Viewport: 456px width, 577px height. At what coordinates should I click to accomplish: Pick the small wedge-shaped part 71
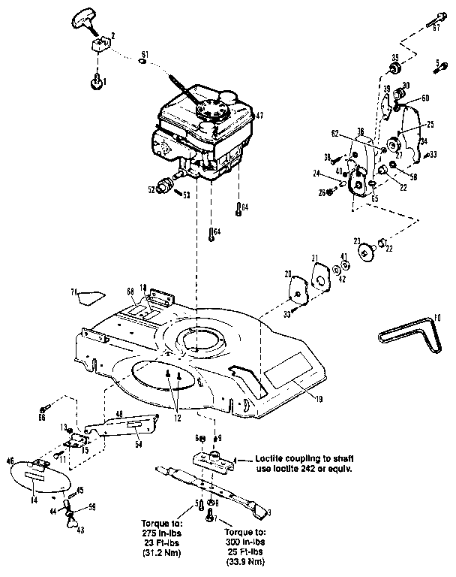click(89, 295)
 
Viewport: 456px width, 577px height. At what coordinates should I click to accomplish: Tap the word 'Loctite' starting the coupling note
click(269, 457)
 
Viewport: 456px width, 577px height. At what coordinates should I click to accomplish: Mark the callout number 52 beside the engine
click(151, 190)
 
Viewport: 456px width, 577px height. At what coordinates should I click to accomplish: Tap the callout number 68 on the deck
click(130, 290)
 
